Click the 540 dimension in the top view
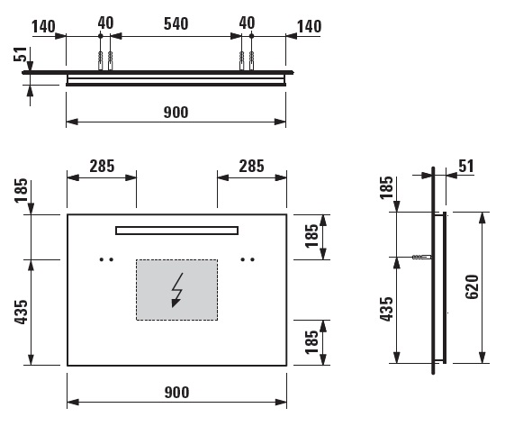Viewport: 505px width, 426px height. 176,23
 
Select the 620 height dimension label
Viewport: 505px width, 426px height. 473,286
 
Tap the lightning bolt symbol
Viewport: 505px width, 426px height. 176,290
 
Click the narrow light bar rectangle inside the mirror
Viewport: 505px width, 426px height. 176,231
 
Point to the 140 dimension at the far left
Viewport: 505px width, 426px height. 43,26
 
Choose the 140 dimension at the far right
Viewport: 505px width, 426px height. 309,26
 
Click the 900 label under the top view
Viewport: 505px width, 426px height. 176,113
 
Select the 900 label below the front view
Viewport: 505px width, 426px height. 176,393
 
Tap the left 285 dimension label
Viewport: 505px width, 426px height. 102,167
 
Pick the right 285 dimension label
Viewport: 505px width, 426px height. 251,167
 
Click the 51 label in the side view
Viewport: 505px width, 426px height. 466,167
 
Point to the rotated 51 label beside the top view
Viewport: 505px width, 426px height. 20,54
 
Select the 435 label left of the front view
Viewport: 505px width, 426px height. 22,312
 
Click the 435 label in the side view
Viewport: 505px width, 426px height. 386,309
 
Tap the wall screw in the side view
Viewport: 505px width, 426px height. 422,258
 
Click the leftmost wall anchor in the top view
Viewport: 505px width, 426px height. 101,60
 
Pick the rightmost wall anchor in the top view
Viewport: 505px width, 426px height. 251,60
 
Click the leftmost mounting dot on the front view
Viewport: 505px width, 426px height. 102,259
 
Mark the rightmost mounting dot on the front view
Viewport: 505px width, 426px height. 252,259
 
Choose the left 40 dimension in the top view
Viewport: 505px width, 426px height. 105,23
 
